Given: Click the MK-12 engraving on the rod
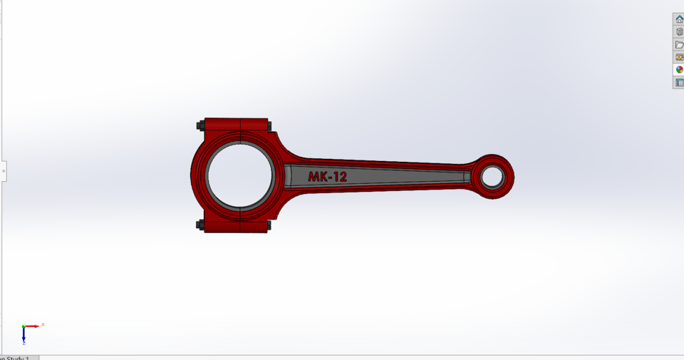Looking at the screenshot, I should (x=327, y=176).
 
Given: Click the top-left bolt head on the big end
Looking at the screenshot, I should (x=200, y=125).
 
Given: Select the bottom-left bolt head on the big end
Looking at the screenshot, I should (x=200, y=225).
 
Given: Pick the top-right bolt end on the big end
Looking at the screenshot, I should (x=269, y=125).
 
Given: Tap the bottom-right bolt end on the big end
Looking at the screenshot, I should (x=269, y=225).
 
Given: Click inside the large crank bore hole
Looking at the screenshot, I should (x=239, y=175).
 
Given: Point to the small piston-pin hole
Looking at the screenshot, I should (x=492, y=175).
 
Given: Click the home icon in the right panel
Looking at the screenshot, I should (x=679, y=19).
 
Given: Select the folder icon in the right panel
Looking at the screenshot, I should (x=679, y=45).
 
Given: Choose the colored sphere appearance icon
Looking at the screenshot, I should (x=679, y=70).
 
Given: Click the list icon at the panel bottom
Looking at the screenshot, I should (x=679, y=83).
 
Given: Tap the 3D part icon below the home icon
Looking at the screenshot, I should (x=679, y=32).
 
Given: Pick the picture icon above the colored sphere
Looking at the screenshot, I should (x=679, y=57).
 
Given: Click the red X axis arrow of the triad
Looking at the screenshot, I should (x=33, y=326).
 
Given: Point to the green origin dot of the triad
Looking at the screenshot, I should (x=24, y=326).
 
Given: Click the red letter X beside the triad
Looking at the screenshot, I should (x=43, y=324).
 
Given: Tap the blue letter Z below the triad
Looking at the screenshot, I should (x=24, y=342).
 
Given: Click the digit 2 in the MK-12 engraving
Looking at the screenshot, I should (x=342, y=176).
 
